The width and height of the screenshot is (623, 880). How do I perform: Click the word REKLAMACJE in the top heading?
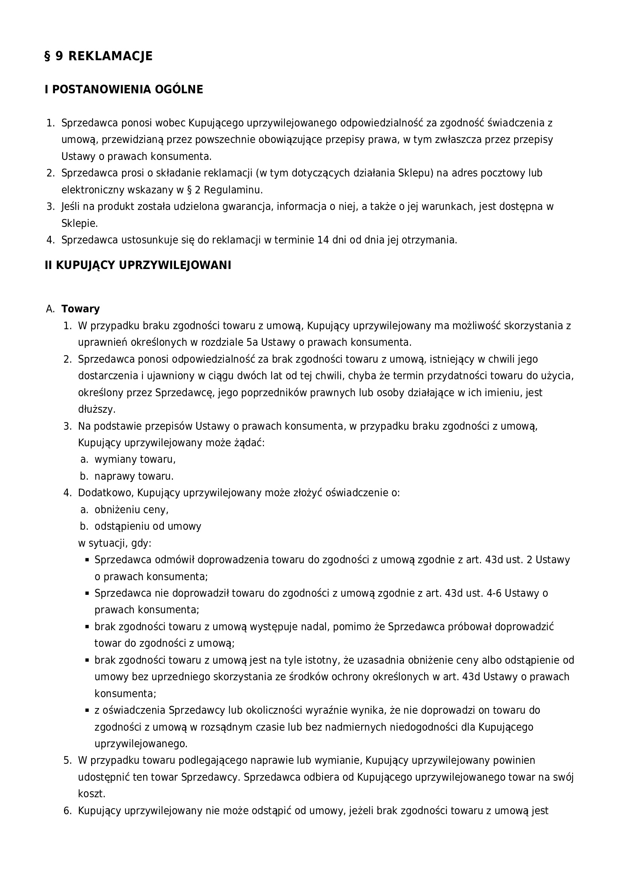click(110, 56)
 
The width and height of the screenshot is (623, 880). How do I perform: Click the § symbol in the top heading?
click(48, 56)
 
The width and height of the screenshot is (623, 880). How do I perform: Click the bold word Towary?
click(81, 309)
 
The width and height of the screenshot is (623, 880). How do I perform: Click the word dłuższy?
click(97, 409)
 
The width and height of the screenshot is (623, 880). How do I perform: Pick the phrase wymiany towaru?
click(135, 459)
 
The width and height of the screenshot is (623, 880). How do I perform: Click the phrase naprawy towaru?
click(134, 476)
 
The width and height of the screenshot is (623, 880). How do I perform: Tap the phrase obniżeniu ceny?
click(131, 510)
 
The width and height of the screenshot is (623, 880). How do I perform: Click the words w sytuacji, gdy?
click(115, 543)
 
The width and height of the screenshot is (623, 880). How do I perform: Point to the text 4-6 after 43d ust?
click(493, 593)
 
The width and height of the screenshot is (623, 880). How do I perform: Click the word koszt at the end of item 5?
click(91, 794)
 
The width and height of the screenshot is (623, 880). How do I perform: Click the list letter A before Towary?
click(50, 309)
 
